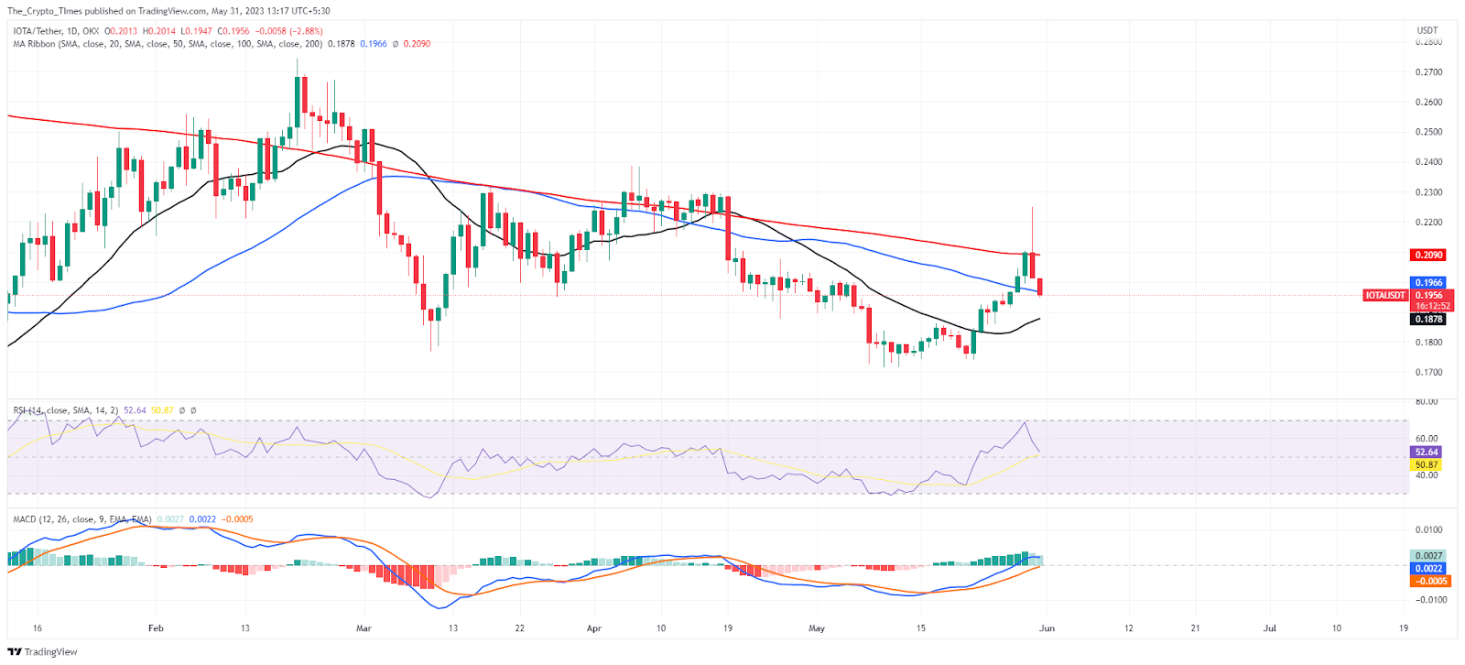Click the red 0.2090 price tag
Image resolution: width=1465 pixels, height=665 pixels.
pos(1428,255)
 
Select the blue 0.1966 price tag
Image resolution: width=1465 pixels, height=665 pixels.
pos(1428,283)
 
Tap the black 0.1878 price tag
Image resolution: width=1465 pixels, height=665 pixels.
pos(1428,319)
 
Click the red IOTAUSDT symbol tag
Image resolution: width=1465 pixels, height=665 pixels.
pos(1384,295)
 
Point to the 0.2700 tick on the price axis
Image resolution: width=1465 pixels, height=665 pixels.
pos(1428,71)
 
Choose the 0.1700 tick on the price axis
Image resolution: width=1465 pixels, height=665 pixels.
pos(1428,373)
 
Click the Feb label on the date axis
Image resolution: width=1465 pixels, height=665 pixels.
pos(156,628)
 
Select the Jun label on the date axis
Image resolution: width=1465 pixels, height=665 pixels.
pos(1047,628)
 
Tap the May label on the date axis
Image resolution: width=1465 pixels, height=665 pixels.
pos(817,628)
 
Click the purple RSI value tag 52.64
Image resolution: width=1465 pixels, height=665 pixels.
pos(1427,452)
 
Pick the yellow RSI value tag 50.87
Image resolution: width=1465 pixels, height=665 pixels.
pos(1427,464)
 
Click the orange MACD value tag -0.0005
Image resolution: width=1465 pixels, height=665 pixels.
pos(1429,581)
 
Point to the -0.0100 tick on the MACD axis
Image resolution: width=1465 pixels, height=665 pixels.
pos(1429,600)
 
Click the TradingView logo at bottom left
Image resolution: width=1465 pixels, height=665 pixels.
pos(42,652)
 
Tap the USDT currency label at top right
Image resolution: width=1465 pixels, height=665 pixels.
pos(1427,30)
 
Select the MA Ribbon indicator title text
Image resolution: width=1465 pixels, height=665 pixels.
pos(35,44)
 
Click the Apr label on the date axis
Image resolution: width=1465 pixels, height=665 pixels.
pos(594,628)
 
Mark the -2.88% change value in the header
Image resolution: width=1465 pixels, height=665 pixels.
pos(304,31)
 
